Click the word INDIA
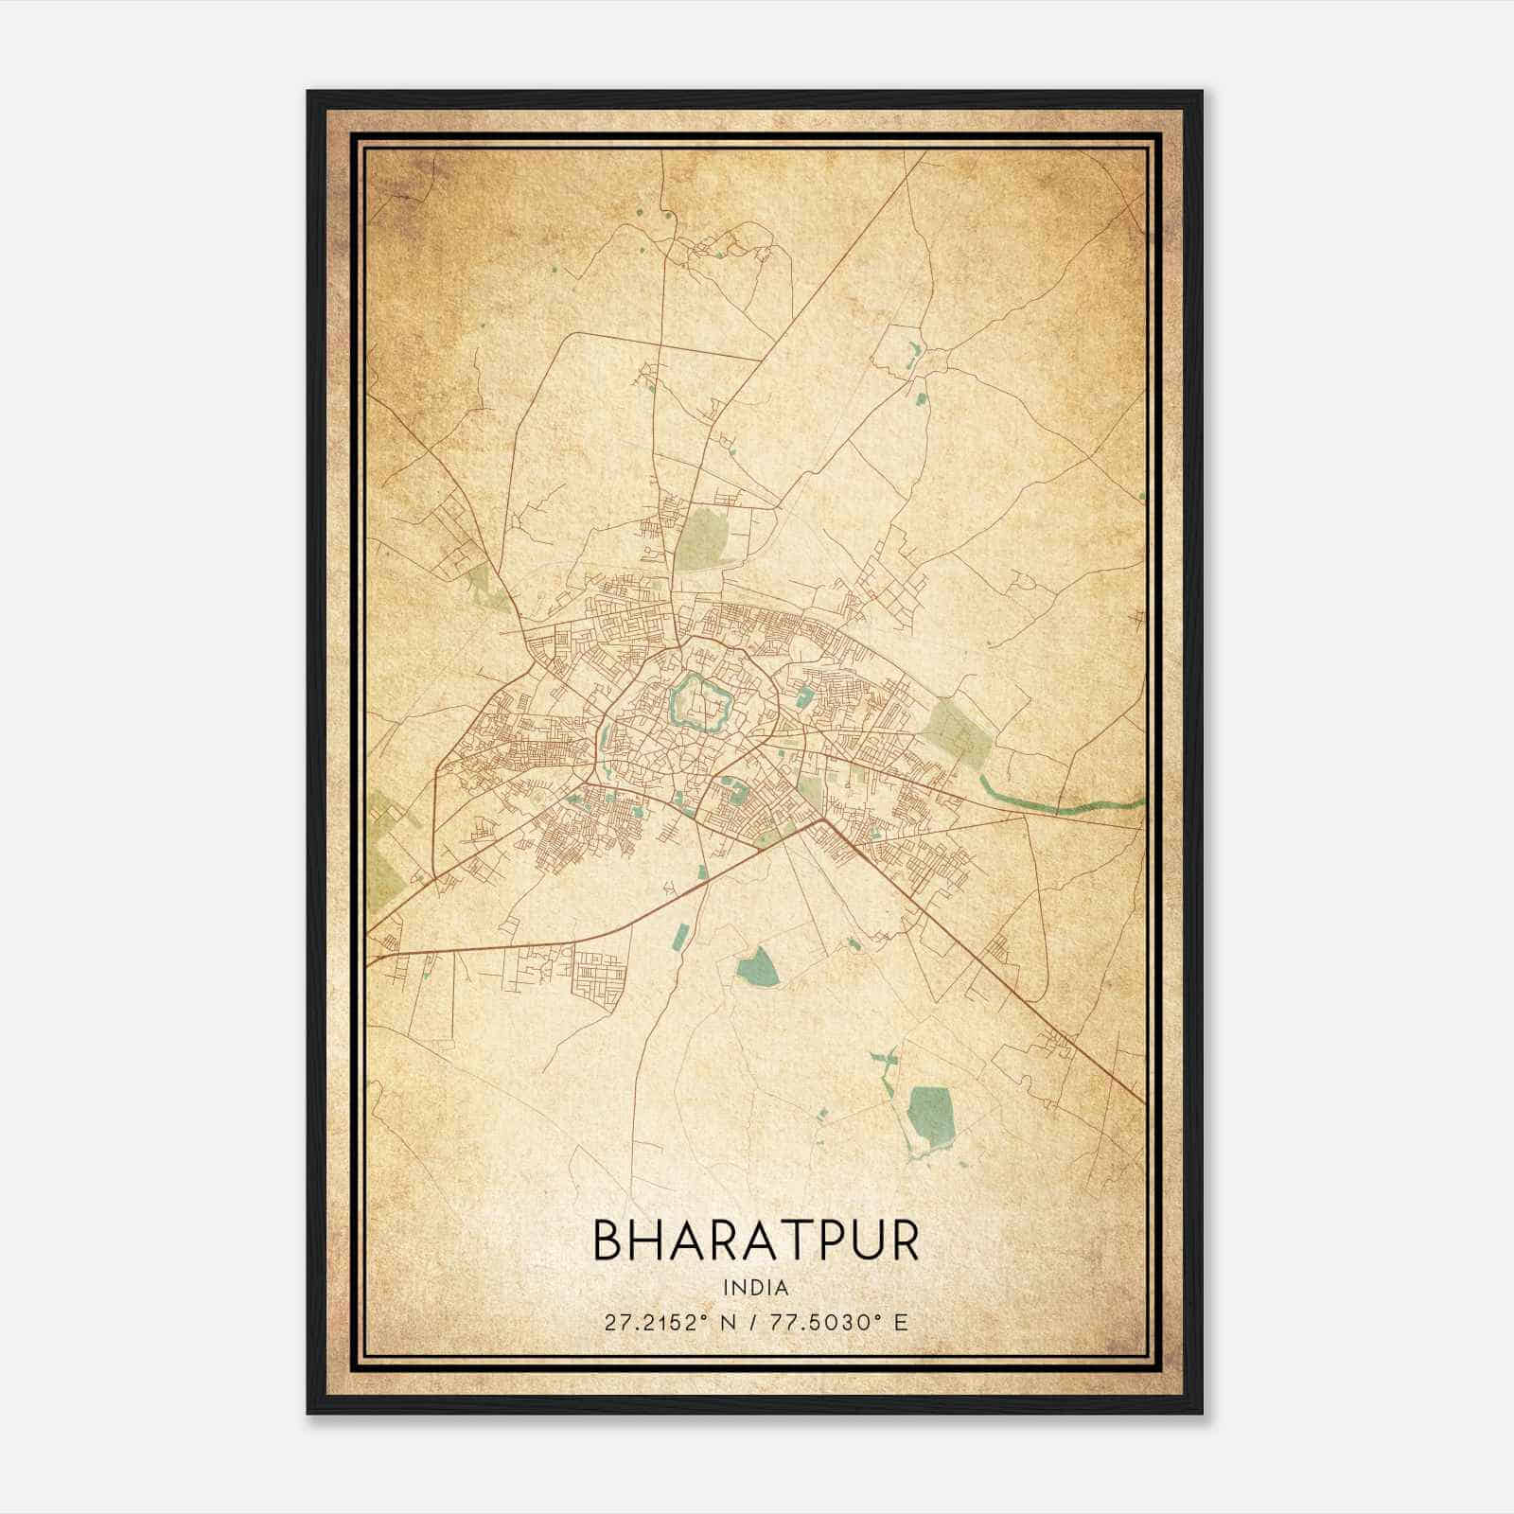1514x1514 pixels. click(x=756, y=1288)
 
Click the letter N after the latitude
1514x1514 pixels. click(x=727, y=1323)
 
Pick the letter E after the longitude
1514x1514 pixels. click(x=902, y=1323)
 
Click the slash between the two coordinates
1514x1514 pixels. click(x=752, y=1323)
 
